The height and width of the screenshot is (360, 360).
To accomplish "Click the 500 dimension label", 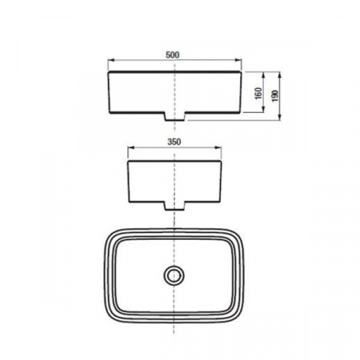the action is pyautogui.click(x=173, y=55).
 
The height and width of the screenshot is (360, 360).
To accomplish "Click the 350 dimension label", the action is pyautogui.click(x=174, y=142).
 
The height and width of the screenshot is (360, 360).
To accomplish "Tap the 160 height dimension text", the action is pyautogui.click(x=258, y=94).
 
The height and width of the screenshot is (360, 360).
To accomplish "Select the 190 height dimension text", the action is pyautogui.click(x=275, y=96).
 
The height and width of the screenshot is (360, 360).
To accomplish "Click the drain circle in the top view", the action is pyautogui.click(x=174, y=275).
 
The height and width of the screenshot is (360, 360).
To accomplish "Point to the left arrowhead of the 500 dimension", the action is pyautogui.click(x=111, y=60).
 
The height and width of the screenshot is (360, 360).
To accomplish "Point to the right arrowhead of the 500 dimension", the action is pyautogui.click(x=238, y=60).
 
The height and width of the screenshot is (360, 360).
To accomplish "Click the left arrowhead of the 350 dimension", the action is pyautogui.click(x=131, y=147).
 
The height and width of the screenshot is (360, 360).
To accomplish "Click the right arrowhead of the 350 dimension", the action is pyautogui.click(x=218, y=147).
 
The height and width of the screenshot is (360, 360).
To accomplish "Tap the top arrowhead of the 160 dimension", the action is pyautogui.click(x=263, y=75).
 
